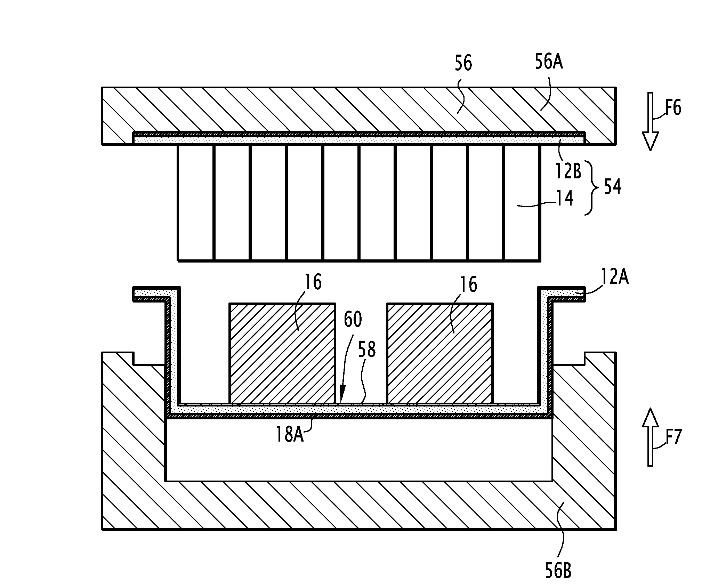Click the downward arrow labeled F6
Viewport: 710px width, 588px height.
pos(650,122)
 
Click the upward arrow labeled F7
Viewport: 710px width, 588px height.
pos(650,437)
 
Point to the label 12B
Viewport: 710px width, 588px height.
pos(568,171)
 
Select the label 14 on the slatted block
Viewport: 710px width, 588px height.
pos(565,199)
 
